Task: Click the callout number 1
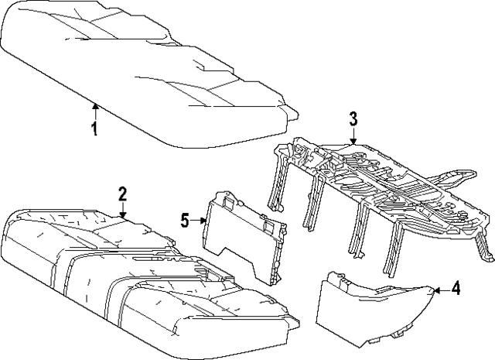pyautogui.click(x=94, y=129)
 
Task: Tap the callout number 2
pyautogui.click(x=122, y=194)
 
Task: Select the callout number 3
pyautogui.click(x=353, y=118)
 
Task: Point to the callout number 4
pyautogui.click(x=455, y=288)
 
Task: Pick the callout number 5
pyautogui.click(x=185, y=220)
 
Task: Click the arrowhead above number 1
pyautogui.click(x=95, y=107)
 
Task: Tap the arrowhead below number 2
pyautogui.click(x=123, y=214)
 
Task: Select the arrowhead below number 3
pyautogui.click(x=353, y=142)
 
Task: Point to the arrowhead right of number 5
pyautogui.click(x=203, y=221)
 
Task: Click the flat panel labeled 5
pyautogui.click(x=243, y=237)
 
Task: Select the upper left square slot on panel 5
pyautogui.click(x=228, y=201)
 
